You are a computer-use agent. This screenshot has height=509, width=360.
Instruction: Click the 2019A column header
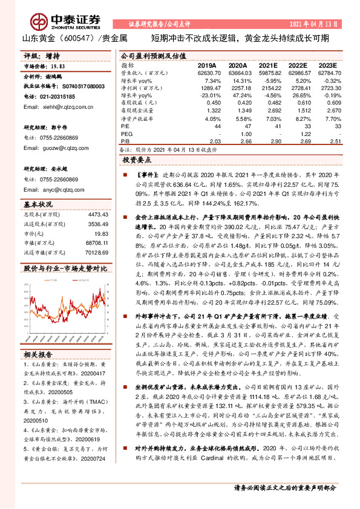coord(208,65)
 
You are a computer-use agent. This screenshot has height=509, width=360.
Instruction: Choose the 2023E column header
coord(327,65)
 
